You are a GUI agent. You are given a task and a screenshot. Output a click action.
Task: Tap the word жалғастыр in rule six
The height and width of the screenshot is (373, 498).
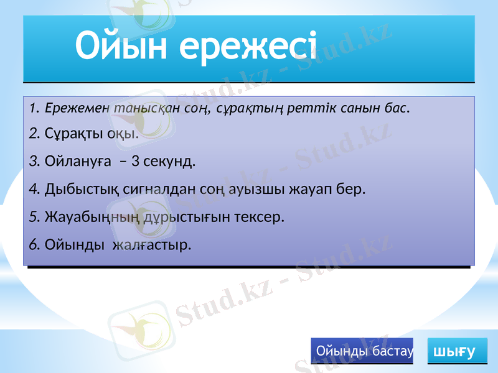pyautogui.click(x=151, y=244)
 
